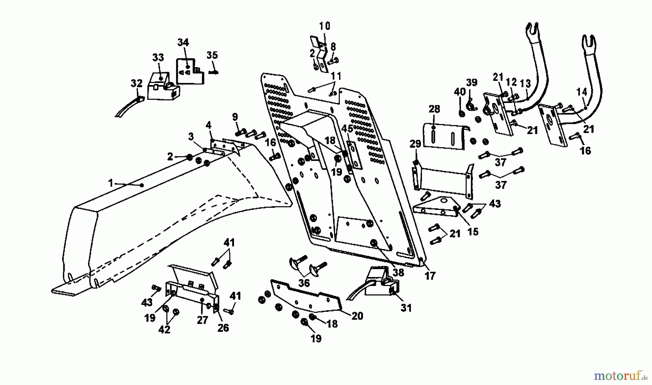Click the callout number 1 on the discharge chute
point(111,183)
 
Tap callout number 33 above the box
point(158,58)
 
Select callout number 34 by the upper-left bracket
point(183,42)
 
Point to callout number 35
point(212,55)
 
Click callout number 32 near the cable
point(137,83)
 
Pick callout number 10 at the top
point(325,26)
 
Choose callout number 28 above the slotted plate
point(434,109)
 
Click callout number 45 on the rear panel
point(347,129)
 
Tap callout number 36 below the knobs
point(304,283)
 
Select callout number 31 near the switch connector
point(406,308)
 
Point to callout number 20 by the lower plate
point(357,316)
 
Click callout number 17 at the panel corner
point(430,276)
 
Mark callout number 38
point(398,272)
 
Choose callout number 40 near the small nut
point(460,92)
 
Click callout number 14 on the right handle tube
point(582,92)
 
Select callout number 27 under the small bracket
point(202,320)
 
